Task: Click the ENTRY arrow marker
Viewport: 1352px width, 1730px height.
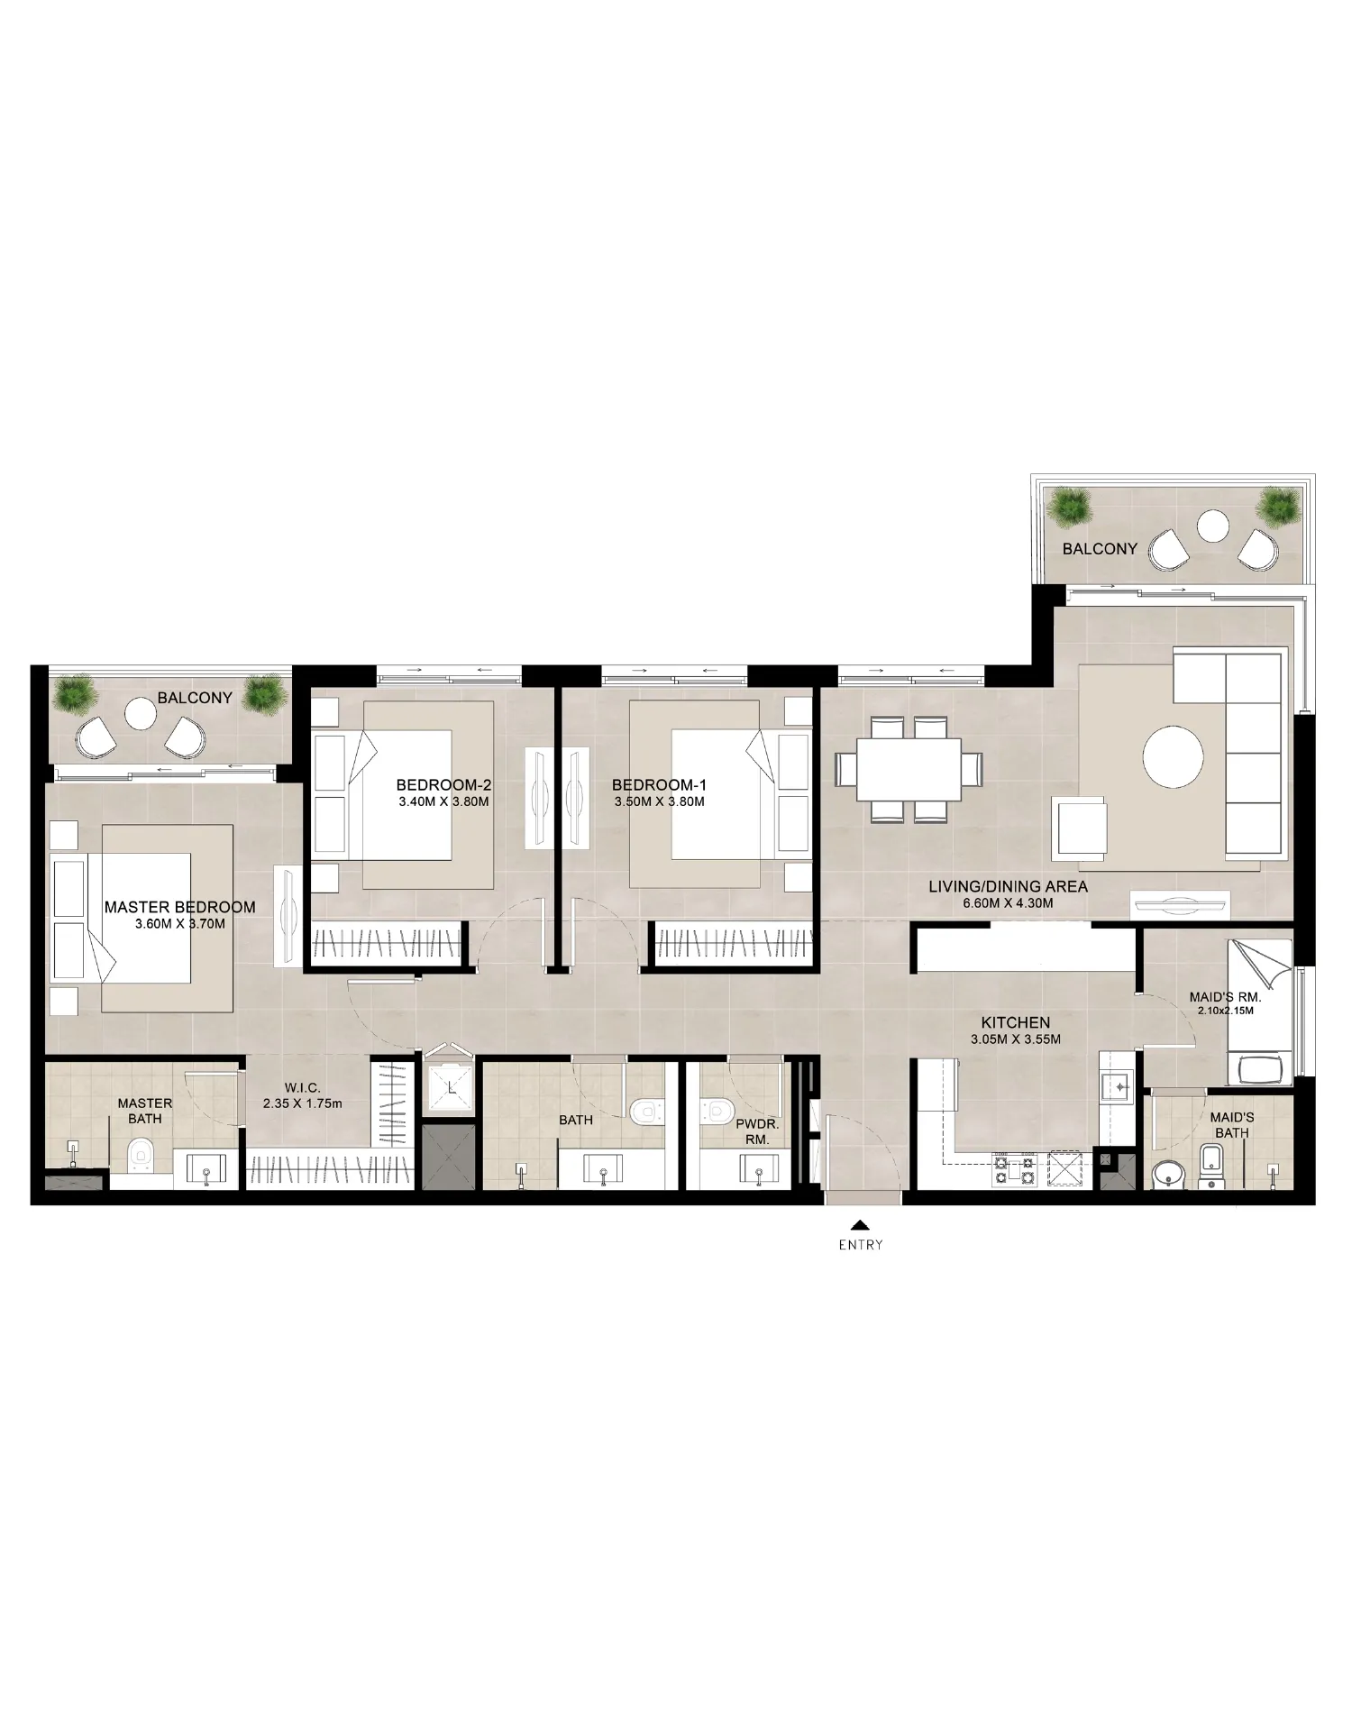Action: (861, 1225)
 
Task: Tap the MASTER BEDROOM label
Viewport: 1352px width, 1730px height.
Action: (179, 907)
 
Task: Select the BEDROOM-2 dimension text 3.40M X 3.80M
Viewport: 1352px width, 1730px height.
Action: (443, 801)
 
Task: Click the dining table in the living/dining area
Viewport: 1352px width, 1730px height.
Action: (909, 769)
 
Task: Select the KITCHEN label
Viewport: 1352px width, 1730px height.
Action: (1016, 1022)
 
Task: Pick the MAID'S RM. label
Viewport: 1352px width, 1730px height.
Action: (1225, 998)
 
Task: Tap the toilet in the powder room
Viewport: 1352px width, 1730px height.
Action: (717, 1110)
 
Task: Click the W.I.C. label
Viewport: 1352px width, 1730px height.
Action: (302, 1088)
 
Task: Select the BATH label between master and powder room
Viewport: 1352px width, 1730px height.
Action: (575, 1120)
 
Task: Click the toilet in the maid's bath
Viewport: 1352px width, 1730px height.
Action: (1211, 1167)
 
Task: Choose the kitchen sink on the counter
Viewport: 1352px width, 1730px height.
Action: (1119, 1088)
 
